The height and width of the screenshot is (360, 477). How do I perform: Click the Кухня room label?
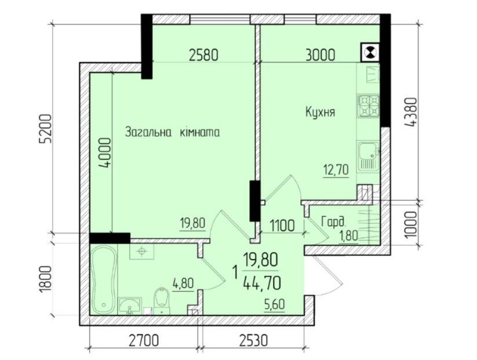320,112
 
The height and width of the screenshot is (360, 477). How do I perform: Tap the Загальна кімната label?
173,133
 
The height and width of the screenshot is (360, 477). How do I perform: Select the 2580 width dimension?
203,56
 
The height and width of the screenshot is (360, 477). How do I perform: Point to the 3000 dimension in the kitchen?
321,55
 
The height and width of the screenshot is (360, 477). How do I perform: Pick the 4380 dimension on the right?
410,112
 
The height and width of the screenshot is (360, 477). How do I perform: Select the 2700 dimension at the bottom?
144,340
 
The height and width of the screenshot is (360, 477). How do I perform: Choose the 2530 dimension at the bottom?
254,340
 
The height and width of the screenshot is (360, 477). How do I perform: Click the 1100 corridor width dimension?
282,226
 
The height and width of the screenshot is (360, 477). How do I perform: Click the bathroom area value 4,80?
183,284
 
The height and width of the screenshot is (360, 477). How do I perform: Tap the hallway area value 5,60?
275,304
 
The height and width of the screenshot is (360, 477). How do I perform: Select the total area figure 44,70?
262,284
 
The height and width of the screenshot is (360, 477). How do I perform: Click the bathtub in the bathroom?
103,279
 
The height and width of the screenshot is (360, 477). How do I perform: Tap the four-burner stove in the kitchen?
369,106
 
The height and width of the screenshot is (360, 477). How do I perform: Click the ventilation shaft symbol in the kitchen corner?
370,52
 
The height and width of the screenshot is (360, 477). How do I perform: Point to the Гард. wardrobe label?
334,222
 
